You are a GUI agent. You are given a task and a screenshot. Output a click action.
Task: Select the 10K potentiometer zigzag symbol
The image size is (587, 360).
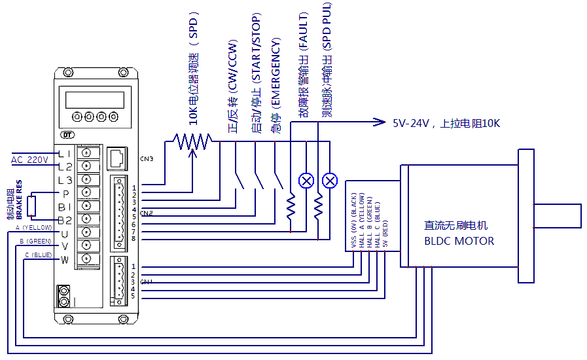192,140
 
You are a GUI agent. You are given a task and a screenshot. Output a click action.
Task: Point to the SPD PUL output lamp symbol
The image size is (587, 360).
331,181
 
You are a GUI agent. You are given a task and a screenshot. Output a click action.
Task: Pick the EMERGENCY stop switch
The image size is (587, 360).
279,181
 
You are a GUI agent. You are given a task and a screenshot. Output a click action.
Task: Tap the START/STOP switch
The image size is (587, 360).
259,181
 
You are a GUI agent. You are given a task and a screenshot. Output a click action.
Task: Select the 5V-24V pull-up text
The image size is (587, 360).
446,123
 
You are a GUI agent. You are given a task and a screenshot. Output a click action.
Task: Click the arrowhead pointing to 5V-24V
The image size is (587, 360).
379,122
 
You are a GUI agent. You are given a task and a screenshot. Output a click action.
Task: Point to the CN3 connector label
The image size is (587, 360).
147,158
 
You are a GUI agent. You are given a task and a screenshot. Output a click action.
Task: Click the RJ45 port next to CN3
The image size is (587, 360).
117,158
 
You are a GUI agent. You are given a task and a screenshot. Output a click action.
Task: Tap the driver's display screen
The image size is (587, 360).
96,99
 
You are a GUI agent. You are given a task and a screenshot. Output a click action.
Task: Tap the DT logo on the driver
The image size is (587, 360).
67,135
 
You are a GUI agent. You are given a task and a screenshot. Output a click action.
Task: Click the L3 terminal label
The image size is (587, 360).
65,180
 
